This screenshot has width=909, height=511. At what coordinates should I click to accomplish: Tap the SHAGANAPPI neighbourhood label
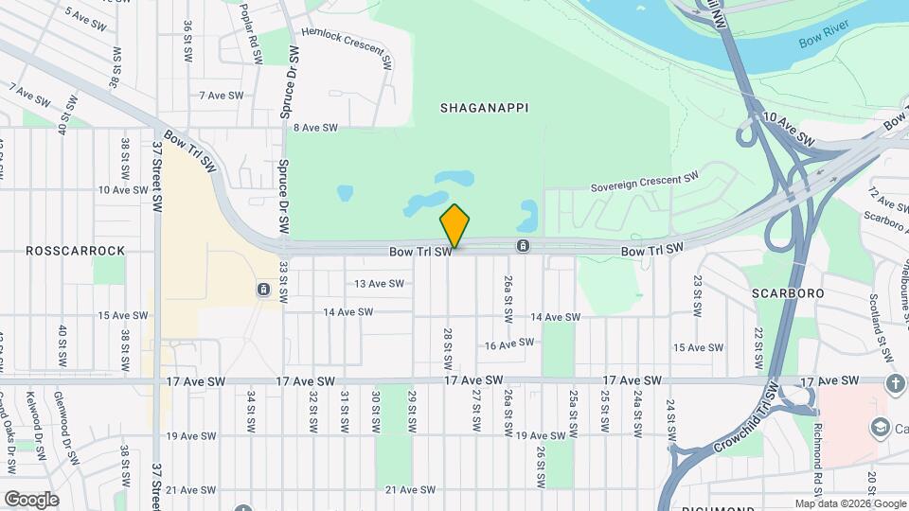pos(484,109)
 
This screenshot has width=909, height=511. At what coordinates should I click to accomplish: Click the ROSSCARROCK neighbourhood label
pos(76,251)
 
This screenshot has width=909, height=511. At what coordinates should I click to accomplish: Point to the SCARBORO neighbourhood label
pos(788,293)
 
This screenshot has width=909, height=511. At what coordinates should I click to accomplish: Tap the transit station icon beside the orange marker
pos(523,247)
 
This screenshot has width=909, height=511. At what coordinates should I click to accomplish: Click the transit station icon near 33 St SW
pos(262,289)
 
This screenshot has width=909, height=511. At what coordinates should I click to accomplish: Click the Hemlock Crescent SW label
pos(347,48)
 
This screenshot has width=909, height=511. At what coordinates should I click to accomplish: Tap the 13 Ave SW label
pos(380,284)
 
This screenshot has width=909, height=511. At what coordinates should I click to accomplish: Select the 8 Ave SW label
pos(315,128)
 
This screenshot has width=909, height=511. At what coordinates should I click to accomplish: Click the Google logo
pos(31,500)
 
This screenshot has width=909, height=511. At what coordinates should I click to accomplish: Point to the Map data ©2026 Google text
pos(849,503)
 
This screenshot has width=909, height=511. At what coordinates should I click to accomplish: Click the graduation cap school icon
pos(878,428)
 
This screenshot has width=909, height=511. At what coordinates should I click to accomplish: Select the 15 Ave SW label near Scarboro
pos(698,348)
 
